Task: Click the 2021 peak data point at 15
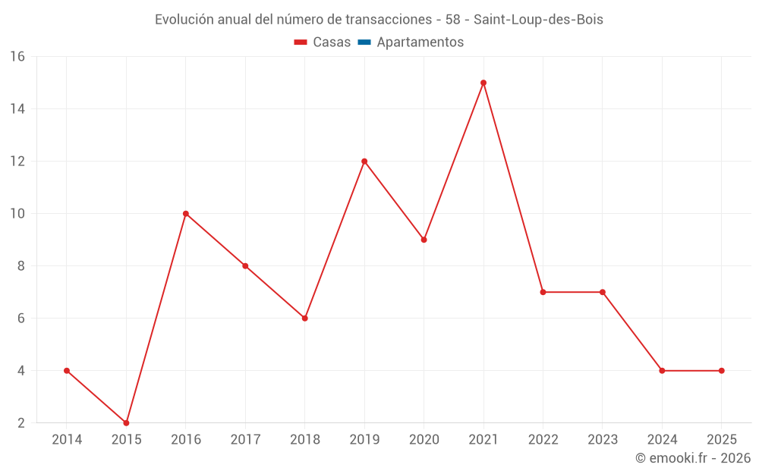pyautogui.click(x=483, y=83)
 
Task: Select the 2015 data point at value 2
pyautogui.click(x=126, y=422)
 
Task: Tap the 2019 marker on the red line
pyautogui.click(x=364, y=161)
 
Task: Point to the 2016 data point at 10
pyautogui.click(x=186, y=213)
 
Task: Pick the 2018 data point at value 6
pyautogui.click(x=305, y=318)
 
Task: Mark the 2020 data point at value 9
pyautogui.click(x=424, y=240)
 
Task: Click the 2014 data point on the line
pyautogui.click(x=67, y=370)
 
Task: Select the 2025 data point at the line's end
pyautogui.click(x=722, y=370)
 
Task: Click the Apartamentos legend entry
pyautogui.click(x=420, y=42)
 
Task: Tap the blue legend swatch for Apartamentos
pyautogui.click(x=364, y=42)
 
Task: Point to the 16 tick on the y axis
pyautogui.click(x=17, y=56)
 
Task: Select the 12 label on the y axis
pyautogui.click(x=17, y=162)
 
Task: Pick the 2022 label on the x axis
pyautogui.click(x=543, y=439)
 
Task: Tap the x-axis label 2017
pyautogui.click(x=245, y=439)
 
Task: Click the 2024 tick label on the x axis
pyautogui.click(x=662, y=439)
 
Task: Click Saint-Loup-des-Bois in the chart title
pyautogui.click(x=538, y=20)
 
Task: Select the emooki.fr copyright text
pyautogui.click(x=693, y=458)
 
